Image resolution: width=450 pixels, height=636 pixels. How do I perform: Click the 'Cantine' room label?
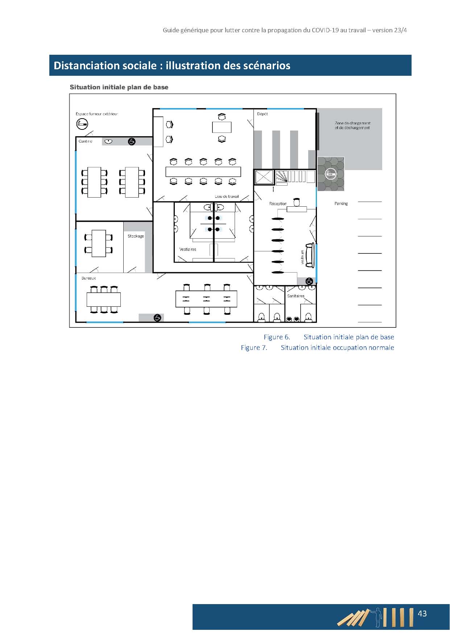[86, 141]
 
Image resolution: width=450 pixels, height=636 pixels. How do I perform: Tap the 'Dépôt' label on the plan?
[263, 114]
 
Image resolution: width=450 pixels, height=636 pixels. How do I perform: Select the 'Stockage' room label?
[136, 236]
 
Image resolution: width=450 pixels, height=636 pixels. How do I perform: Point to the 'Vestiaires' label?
[188, 249]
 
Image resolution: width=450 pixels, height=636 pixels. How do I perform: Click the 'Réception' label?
[278, 204]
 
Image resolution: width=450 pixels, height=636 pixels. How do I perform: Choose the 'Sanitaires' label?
[296, 296]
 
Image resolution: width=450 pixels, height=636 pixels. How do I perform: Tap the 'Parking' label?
[341, 204]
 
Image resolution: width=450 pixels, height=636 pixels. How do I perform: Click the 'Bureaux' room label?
[89, 278]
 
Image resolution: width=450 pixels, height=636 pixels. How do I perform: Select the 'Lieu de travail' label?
[227, 197]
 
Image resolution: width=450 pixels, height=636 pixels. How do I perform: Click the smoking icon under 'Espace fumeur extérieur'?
[82, 124]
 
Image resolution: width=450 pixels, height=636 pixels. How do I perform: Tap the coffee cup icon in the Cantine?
[132, 141]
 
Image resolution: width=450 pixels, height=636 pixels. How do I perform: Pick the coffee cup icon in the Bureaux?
[157, 318]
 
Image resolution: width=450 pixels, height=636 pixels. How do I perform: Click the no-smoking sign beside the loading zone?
[330, 174]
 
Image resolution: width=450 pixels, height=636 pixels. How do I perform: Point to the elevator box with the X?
[264, 177]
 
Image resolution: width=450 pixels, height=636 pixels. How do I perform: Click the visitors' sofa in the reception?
[310, 255]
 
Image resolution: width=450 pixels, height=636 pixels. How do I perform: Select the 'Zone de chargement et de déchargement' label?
[352, 125]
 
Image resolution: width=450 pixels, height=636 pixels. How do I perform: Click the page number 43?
[422, 614]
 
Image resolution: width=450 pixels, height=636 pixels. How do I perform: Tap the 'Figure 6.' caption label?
[277, 337]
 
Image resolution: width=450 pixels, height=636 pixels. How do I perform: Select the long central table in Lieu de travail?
[203, 172]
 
